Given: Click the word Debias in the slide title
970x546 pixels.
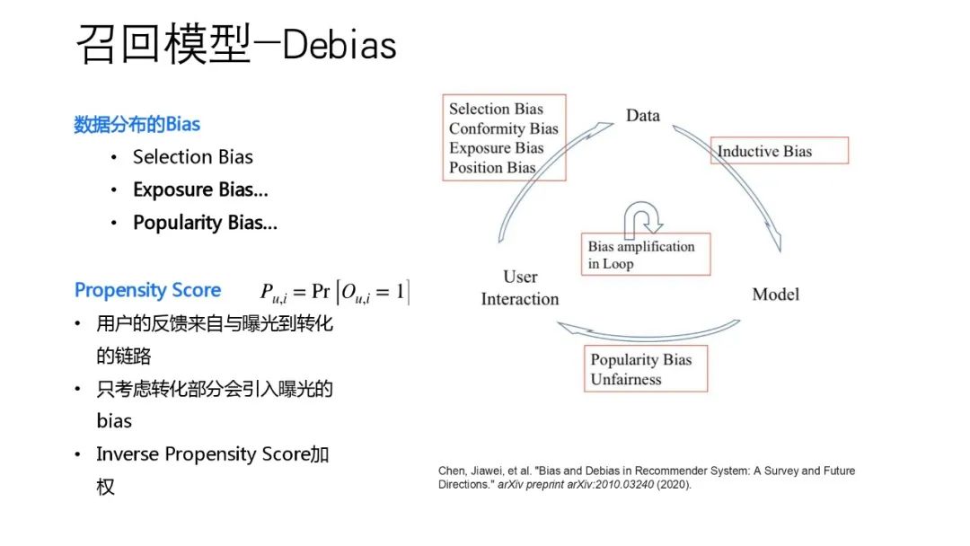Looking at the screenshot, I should coord(339,46).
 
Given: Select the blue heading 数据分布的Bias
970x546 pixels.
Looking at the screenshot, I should coord(137,124).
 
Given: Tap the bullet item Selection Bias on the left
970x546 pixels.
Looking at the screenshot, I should coord(193,157).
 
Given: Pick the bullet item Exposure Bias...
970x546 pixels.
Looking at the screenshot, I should coord(200,189).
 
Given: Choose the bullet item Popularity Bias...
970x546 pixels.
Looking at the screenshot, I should coord(205,223).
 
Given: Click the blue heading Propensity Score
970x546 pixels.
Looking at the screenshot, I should coord(147,290).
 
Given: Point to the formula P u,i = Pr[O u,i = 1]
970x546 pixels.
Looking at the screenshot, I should coord(334,291).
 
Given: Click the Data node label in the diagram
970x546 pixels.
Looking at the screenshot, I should coord(642,116).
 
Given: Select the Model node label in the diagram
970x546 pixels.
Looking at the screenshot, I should coord(775,295).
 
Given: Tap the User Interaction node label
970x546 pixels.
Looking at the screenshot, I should coord(519,287).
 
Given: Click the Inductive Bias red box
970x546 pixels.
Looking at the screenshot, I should coord(780,151).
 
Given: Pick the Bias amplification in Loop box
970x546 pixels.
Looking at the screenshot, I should coord(644,254).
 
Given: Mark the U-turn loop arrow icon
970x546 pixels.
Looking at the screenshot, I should coord(643,217).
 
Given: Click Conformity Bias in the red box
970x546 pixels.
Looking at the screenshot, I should coord(504,128).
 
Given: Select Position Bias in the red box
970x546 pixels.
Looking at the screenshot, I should coord(492,167).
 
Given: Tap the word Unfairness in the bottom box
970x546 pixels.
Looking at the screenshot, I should coord(625,379).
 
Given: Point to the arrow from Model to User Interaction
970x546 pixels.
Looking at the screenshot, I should coord(647,333).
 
